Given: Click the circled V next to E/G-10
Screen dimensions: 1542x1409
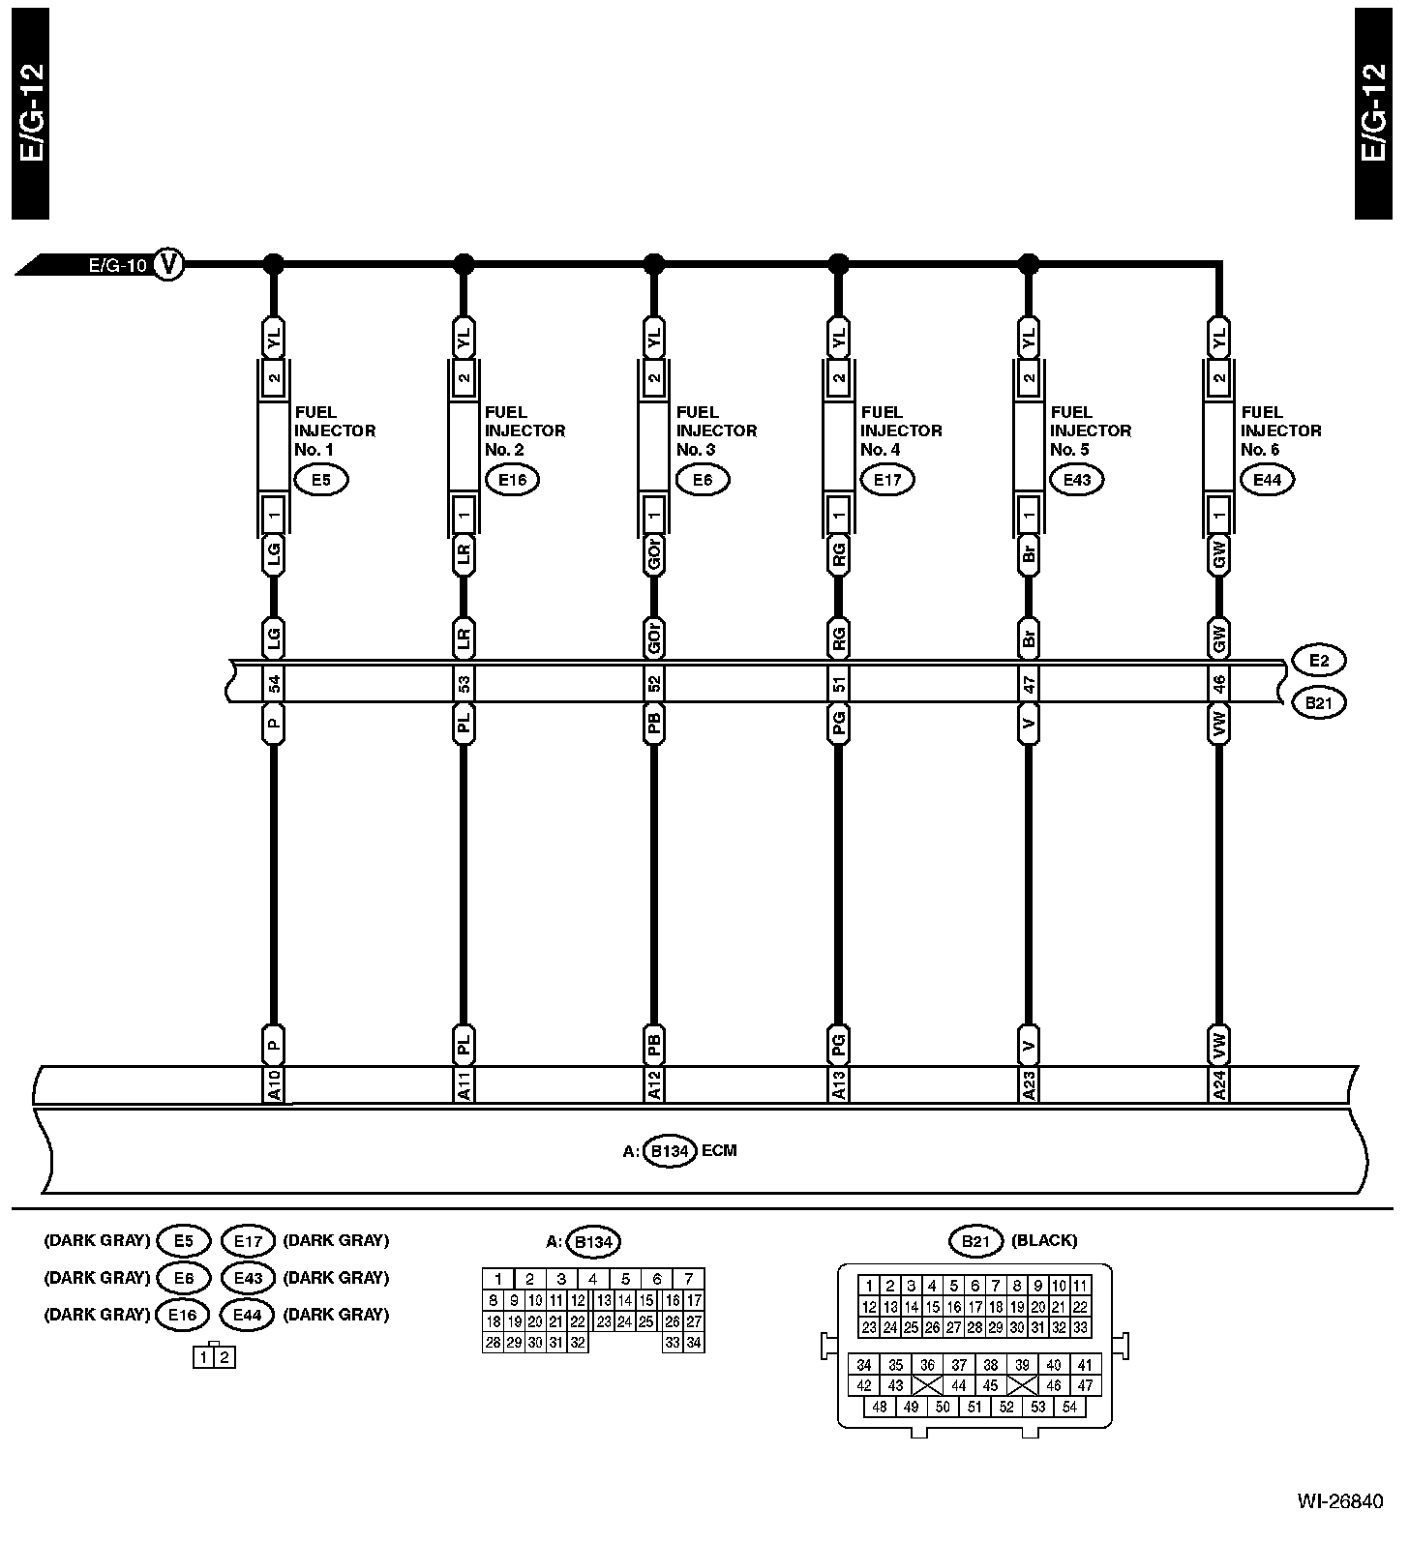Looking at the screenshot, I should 168,263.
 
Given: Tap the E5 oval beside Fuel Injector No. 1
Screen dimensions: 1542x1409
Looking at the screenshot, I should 320,480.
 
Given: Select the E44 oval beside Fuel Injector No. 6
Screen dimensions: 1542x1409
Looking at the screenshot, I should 1267,480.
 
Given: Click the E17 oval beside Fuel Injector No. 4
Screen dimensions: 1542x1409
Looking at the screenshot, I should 886,480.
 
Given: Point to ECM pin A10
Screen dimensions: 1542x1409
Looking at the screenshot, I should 274,1085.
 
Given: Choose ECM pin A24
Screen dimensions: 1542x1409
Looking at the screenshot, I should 1219,1085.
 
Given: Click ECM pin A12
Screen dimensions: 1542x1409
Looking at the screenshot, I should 654,1085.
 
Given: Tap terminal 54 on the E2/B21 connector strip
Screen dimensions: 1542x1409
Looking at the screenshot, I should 274,684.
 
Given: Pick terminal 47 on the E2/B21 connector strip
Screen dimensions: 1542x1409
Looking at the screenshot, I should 1029,684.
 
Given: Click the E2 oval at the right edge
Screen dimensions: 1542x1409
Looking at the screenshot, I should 1319,662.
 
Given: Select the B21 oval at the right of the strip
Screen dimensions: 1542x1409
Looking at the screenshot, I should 1319,703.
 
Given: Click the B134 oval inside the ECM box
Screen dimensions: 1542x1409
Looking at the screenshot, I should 669,1151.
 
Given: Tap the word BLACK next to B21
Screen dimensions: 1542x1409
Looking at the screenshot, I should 1044,1240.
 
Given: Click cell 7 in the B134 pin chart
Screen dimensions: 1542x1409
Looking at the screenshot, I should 688,1279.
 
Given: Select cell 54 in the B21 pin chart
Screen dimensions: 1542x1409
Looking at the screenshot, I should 1069,1408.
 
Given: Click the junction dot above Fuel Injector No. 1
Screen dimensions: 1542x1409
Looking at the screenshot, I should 274,263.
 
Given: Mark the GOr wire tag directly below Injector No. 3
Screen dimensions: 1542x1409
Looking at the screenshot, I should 654,553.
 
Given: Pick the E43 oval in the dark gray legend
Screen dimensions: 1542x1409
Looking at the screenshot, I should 248,1278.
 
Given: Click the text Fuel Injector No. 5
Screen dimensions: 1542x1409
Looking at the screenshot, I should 1090,430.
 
